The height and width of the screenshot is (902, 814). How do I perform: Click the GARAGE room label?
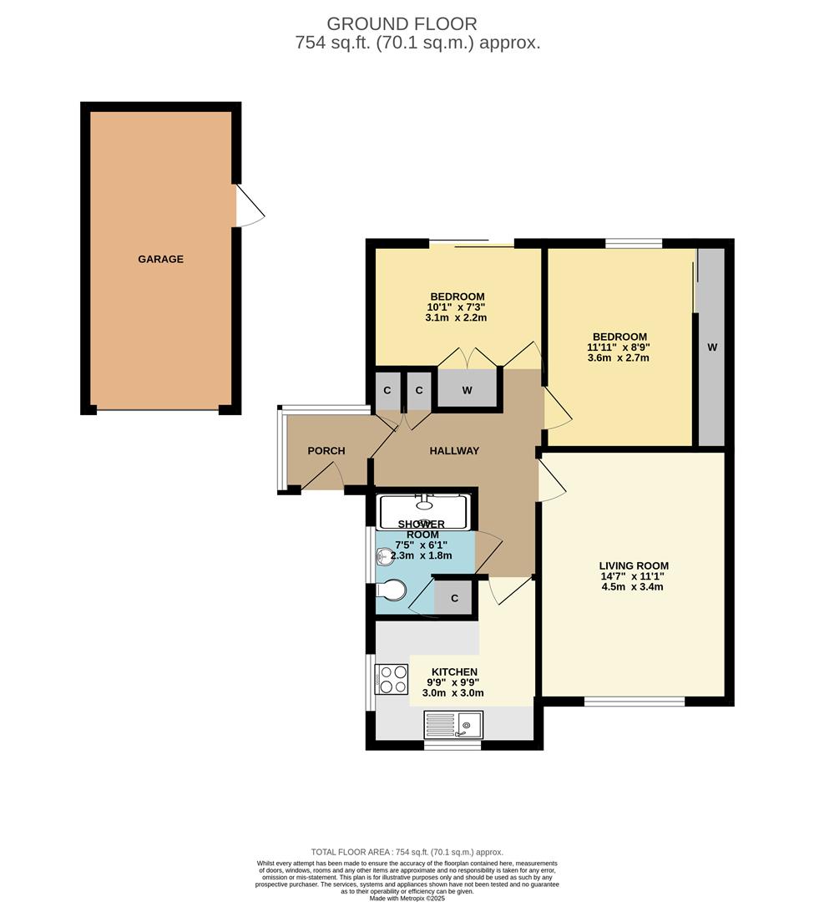pyautogui.click(x=160, y=259)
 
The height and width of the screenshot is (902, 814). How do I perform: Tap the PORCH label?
pyautogui.click(x=326, y=451)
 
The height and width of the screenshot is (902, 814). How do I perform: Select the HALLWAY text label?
pyautogui.click(x=454, y=451)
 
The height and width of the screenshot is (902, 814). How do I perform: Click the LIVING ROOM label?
pyautogui.click(x=634, y=565)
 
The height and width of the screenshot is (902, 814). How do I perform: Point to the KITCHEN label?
pyautogui.click(x=454, y=671)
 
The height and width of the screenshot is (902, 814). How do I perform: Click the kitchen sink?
pyautogui.click(x=453, y=724)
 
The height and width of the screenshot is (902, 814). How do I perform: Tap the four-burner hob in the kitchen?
pyautogui.click(x=392, y=679)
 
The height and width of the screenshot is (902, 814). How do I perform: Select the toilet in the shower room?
pyautogui.click(x=390, y=591)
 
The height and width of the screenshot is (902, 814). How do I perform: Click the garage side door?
pyautogui.click(x=250, y=205)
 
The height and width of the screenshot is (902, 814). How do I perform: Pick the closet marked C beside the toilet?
pyautogui.click(x=454, y=598)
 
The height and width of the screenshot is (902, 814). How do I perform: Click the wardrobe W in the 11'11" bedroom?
pyautogui.click(x=711, y=347)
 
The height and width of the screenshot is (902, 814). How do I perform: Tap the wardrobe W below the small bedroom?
pyautogui.click(x=467, y=389)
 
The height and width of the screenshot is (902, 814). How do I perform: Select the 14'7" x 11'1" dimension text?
pyautogui.click(x=634, y=575)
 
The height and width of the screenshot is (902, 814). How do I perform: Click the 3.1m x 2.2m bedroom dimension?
pyautogui.click(x=456, y=317)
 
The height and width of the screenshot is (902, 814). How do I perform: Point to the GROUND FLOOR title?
pyautogui.click(x=402, y=23)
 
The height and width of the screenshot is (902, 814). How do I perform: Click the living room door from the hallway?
pyautogui.click(x=551, y=483)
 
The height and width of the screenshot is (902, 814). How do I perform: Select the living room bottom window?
pyautogui.click(x=634, y=701)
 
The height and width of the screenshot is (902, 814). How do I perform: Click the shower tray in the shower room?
pyautogui.click(x=424, y=510)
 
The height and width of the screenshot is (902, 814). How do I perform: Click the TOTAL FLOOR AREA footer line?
pyautogui.click(x=407, y=852)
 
